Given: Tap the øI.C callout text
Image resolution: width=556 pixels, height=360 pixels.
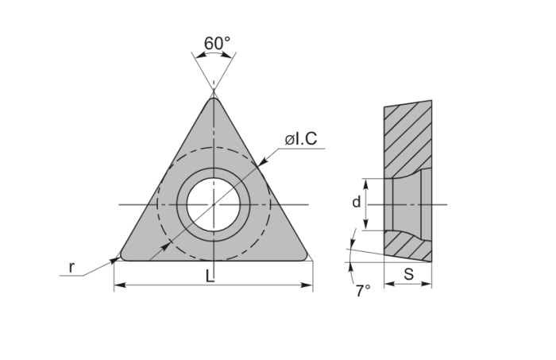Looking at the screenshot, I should click(x=301, y=139).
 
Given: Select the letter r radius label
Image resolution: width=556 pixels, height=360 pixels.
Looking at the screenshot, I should click(x=71, y=267).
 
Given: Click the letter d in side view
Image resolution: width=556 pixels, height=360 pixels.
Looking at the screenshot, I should click(x=356, y=202).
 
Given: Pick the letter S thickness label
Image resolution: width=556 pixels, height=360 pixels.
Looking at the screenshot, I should click(x=408, y=274).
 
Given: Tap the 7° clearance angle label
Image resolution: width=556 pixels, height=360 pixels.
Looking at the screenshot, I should click(x=363, y=291).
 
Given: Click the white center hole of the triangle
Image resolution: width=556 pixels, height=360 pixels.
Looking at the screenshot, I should click(x=214, y=204).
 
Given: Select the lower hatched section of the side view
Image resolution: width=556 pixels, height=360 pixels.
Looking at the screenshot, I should click(x=408, y=247).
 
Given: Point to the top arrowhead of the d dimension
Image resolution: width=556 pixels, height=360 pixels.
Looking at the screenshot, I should click(x=366, y=181).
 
